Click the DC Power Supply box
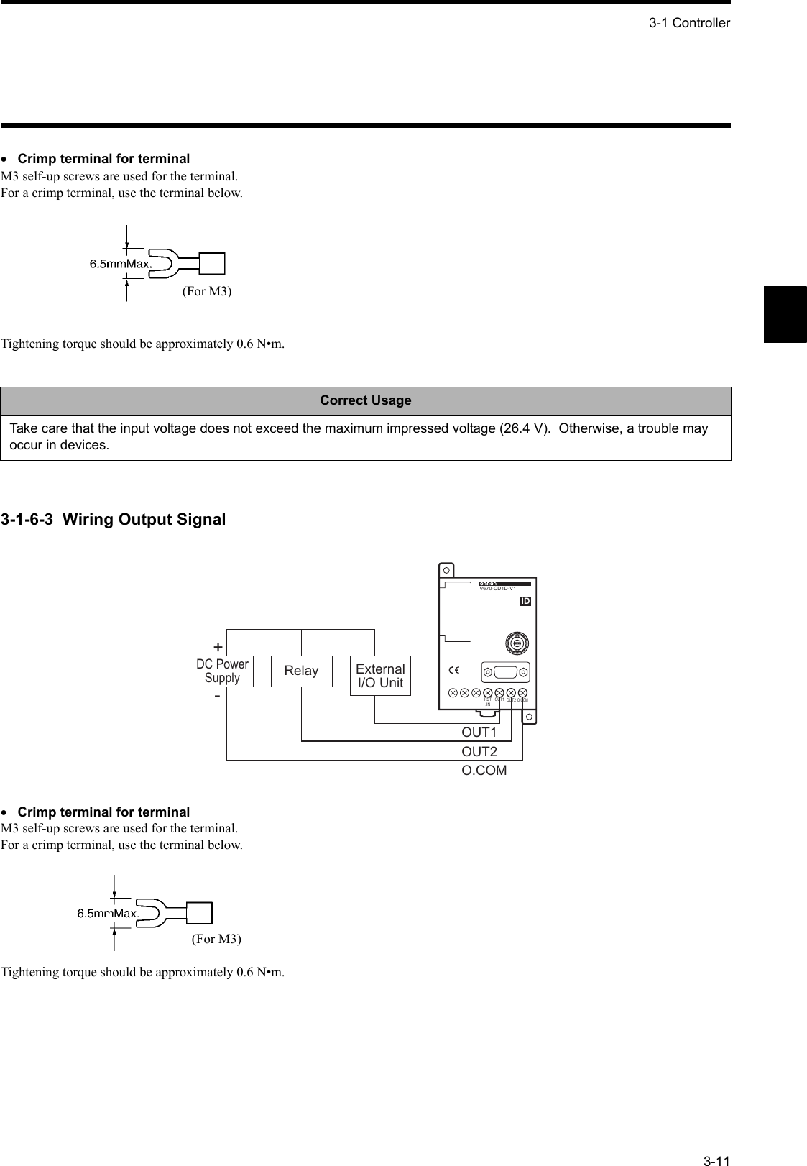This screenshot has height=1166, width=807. tap(223, 671)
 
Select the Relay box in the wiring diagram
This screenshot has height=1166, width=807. tap(301, 671)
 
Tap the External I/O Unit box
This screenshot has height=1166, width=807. tap(380, 676)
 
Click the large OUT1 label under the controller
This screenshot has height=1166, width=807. tap(479, 733)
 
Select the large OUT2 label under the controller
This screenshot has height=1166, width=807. tap(479, 752)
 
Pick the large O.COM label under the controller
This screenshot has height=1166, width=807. tap(484, 771)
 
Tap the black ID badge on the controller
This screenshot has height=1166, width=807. tap(525, 601)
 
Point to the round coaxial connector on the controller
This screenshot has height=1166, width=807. tap(516, 643)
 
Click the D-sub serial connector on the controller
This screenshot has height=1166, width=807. tap(505, 672)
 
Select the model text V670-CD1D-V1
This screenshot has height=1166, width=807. tap(499, 589)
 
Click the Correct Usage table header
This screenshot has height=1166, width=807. tap(366, 400)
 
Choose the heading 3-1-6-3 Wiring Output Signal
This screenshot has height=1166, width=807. tap(113, 519)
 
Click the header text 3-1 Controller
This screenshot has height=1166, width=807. tap(689, 23)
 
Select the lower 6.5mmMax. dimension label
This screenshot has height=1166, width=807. tap(108, 913)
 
